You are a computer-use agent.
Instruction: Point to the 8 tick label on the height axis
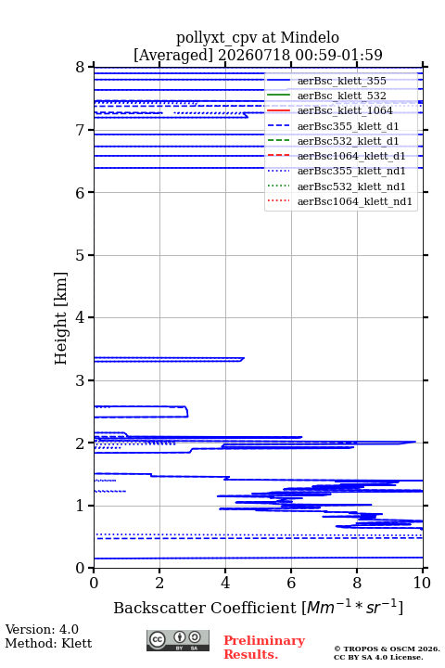pyautogui.click(x=81, y=68)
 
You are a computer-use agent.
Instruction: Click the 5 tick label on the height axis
pyautogui.click(x=81, y=256)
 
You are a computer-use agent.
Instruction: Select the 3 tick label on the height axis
pyautogui.click(x=81, y=381)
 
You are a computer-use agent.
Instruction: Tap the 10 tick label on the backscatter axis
pyautogui.click(x=422, y=583)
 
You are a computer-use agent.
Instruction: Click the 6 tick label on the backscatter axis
pyautogui.click(x=291, y=583)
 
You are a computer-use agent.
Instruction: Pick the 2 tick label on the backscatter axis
pyautogui.click(x=159, y=583)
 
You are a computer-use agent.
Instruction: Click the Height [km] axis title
pyautogui.click(x=60, y=318)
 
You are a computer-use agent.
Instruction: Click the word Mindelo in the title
pyautogui.click(x=310, y=37)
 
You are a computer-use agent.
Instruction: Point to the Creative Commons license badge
pyautogui.click(x=178, y=640)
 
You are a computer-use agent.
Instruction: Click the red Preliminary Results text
pyautogui.click(x=264, y=648)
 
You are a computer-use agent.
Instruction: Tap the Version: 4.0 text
pyautogui.click(x=42, y=629)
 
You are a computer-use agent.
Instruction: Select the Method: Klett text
pyautogui.click(x=48, y=643)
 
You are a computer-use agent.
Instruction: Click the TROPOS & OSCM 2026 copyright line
pyautogui.click(x=388, y=649)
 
